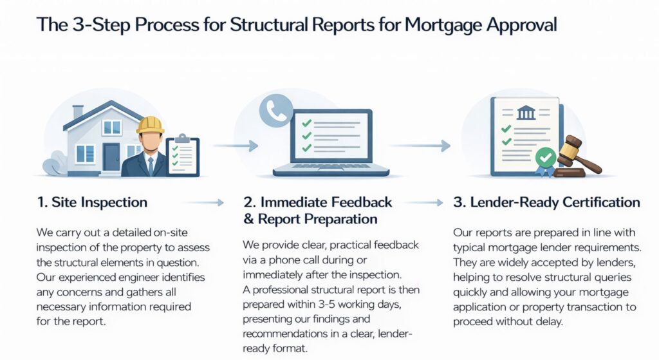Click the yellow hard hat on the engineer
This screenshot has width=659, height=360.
point(150,125)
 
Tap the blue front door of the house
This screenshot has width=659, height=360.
point(111,156)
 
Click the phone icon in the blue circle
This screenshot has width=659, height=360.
point(276,111)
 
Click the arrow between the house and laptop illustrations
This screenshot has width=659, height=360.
point(236,146)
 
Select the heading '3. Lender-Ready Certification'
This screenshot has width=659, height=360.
point(546,202)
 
